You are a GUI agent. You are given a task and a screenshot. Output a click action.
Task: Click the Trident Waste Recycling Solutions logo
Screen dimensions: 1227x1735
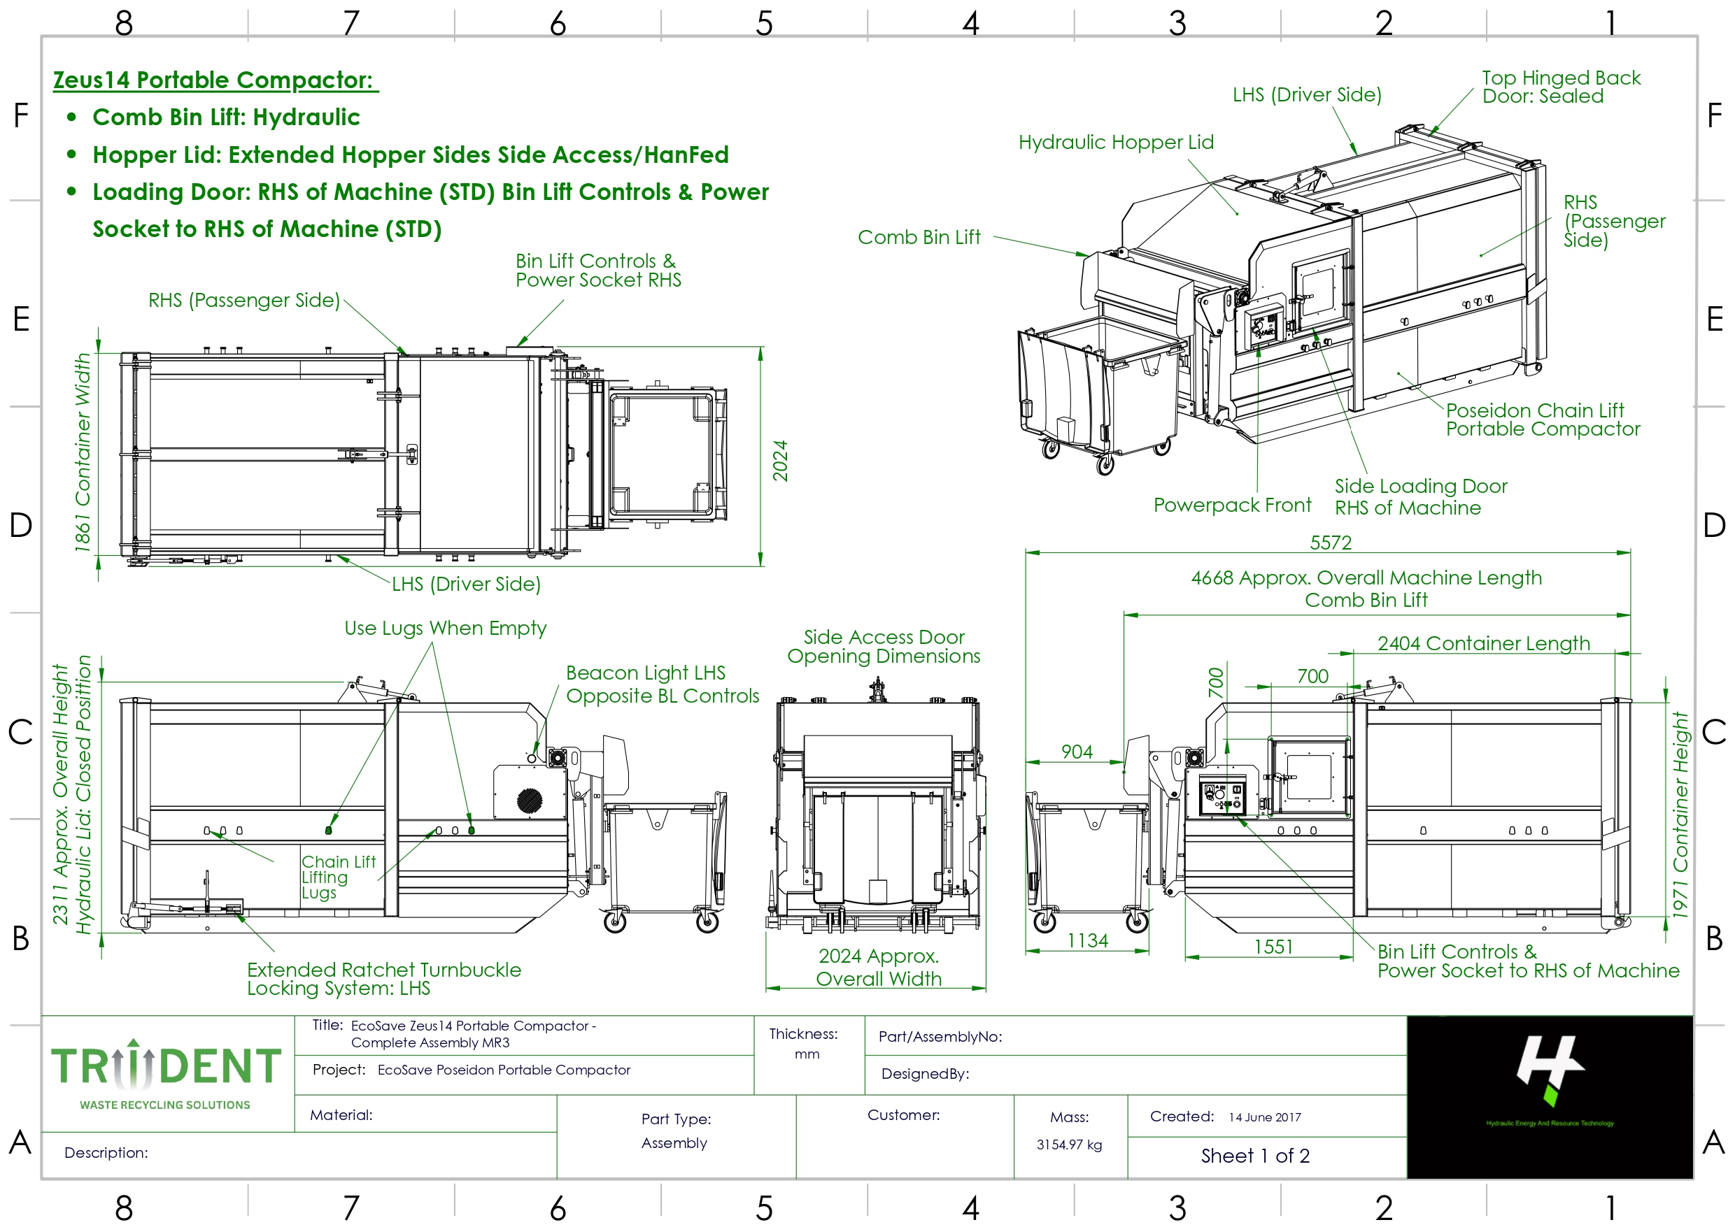click(x=166, y=1074)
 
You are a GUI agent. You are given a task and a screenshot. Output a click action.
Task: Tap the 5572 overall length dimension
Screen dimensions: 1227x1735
click(x=1330, y=543)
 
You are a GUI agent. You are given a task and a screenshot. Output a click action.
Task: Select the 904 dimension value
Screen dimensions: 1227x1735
click(x=1077, y=752)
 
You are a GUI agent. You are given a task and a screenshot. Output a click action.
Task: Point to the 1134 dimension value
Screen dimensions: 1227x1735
click(x=1087, y=940)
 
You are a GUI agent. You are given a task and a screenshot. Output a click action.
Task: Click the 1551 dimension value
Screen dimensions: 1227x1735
click(x=1273, y=947)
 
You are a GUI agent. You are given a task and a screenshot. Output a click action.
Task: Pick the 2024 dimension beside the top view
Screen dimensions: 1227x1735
click(x=780, y=461)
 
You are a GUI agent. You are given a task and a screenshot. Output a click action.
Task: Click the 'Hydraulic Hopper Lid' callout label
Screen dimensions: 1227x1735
click(x=1116, y=142)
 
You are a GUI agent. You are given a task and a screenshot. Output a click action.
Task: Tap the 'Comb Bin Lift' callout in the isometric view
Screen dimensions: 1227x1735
click(x=919, y=237)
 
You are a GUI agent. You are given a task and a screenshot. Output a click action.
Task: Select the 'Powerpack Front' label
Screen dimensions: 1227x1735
click(x=1231, y=505)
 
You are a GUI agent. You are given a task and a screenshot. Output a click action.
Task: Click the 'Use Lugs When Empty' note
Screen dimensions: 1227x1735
click(x=445, y=628)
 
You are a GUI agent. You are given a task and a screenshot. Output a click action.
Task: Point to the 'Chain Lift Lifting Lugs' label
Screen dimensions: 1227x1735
click(x=338, y=877)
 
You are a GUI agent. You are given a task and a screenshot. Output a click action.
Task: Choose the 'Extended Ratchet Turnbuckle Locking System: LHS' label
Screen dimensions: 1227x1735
click(x=383, y=978)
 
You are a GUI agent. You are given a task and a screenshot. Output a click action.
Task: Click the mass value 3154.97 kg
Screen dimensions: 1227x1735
click(x=1069, y=1145)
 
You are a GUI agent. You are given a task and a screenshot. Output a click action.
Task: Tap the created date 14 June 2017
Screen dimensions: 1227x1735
click(x=1264, y=1117)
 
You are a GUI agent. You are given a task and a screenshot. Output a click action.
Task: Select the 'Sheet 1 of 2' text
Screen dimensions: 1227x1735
click(x=1255, y=1156)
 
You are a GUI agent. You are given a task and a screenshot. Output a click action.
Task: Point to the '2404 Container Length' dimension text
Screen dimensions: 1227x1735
click(x=1483, y=643)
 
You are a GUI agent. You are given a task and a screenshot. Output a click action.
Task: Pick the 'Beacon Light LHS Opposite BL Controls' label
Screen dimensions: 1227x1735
click(x=662, y=684)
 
